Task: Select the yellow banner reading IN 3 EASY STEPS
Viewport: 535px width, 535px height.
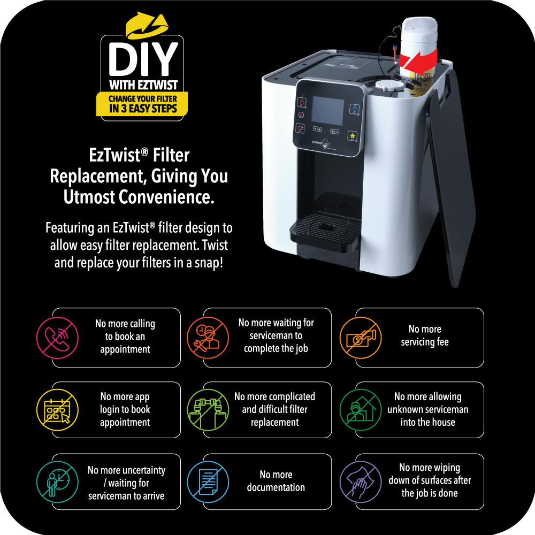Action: pyautogui.click(x=143, y=107)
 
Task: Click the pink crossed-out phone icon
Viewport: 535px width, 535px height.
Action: pyautogui.click(x=57, y=338)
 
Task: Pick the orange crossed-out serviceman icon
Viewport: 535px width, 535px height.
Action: pyautogui.click(x=208, y=338)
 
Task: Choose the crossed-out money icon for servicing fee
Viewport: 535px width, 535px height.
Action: pyautogui.click(x=361, y=338)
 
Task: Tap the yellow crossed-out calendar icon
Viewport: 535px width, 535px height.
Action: pyautogui.click(x=57, y=410)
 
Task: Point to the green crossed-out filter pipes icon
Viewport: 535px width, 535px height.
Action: pyautogui.click(x=208, y=410)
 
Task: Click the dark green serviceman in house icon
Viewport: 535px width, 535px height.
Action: pyautogui.click(x=361, y=410)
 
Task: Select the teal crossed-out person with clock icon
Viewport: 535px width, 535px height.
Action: pyautogui.click(x=57, y=482)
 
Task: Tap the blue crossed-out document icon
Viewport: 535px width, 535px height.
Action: pyautogui.click(x=208, y=482)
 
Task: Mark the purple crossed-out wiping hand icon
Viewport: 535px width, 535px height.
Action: pyautogui.click(x=361, y=482)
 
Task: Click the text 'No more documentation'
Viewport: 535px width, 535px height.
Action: pyautogui.click(x=276, y=481)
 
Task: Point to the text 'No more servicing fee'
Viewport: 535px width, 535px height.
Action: pyautogui.click(x=425, y=335)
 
